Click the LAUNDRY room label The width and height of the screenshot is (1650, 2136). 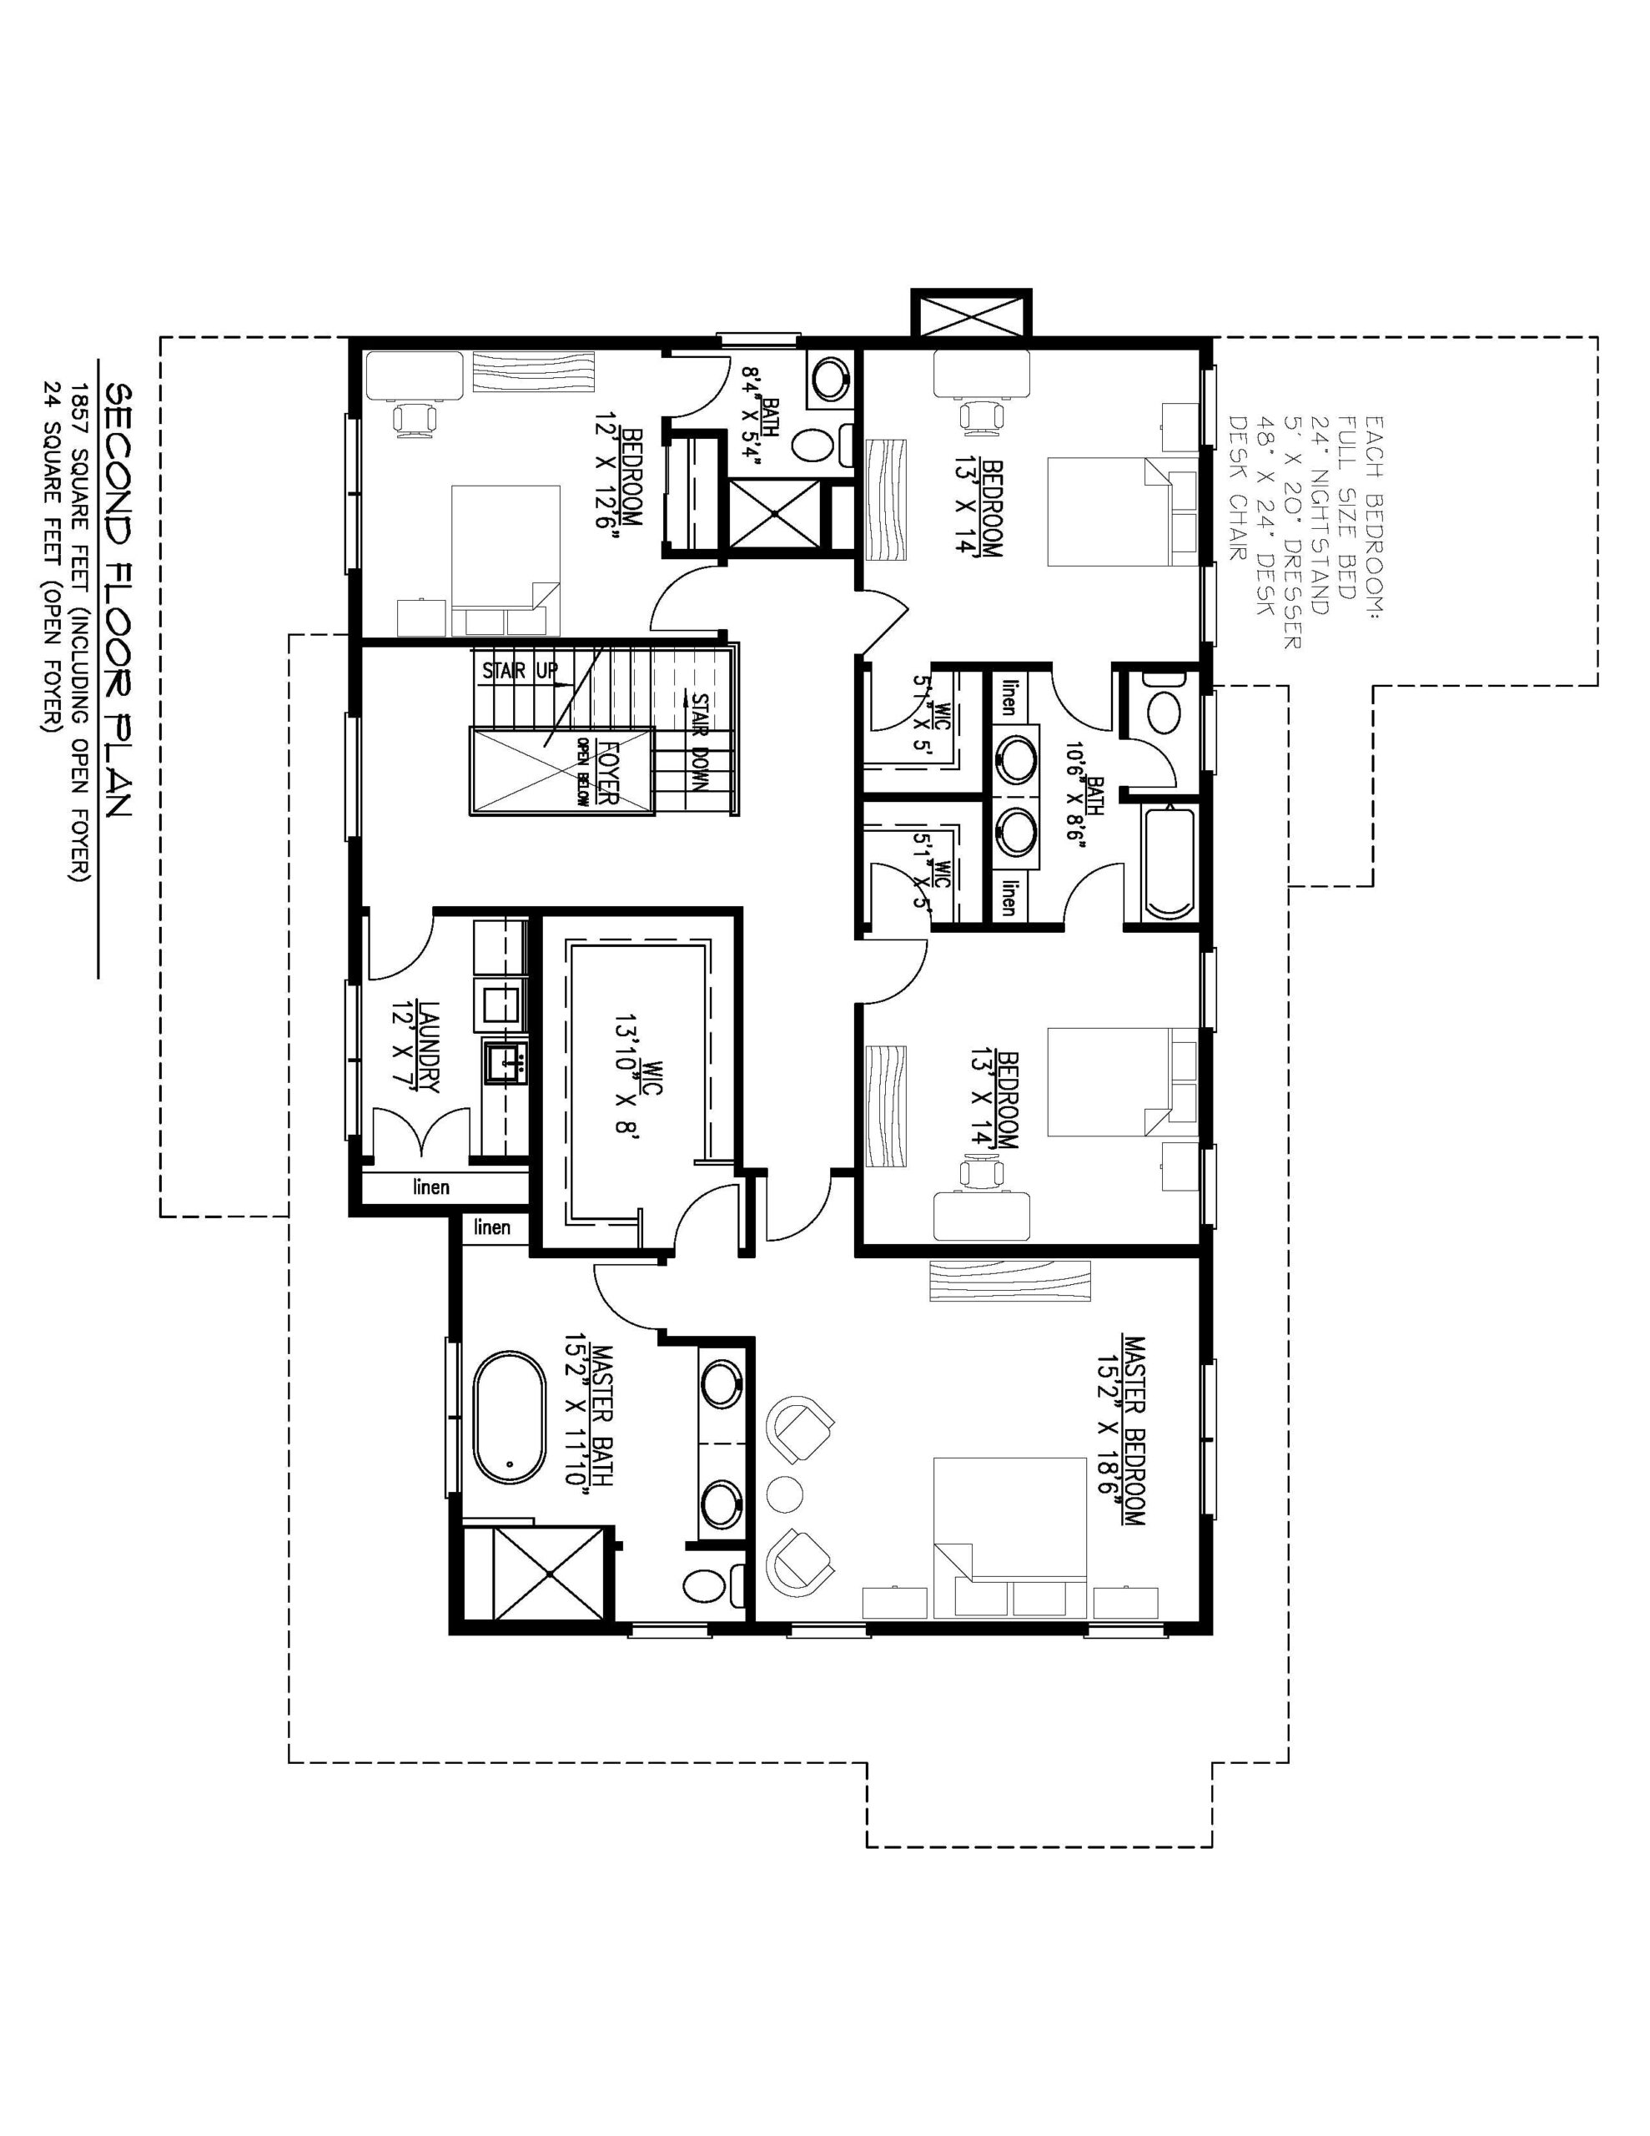click(x=415, y=1045)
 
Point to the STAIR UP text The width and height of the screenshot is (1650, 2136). click(x=520, y=671)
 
